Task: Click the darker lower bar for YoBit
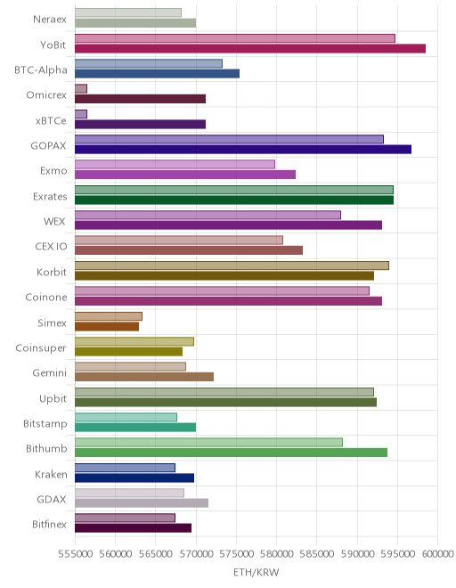250,48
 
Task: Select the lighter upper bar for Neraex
128,12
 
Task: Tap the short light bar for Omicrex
81,88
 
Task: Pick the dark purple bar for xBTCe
140,124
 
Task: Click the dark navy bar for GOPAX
243,150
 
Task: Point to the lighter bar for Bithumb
209,443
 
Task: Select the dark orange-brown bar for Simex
107,327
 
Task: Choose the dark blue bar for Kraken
134,478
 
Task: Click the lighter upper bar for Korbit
232,265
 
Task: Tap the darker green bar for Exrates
234,200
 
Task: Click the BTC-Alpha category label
41,70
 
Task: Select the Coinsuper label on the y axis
41,348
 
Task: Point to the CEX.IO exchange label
51,247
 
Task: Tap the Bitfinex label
49,524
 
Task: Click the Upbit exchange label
53,398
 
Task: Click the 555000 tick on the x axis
75,554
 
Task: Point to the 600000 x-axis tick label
437,554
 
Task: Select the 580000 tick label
276,554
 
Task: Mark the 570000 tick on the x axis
196,554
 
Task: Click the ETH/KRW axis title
256,572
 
